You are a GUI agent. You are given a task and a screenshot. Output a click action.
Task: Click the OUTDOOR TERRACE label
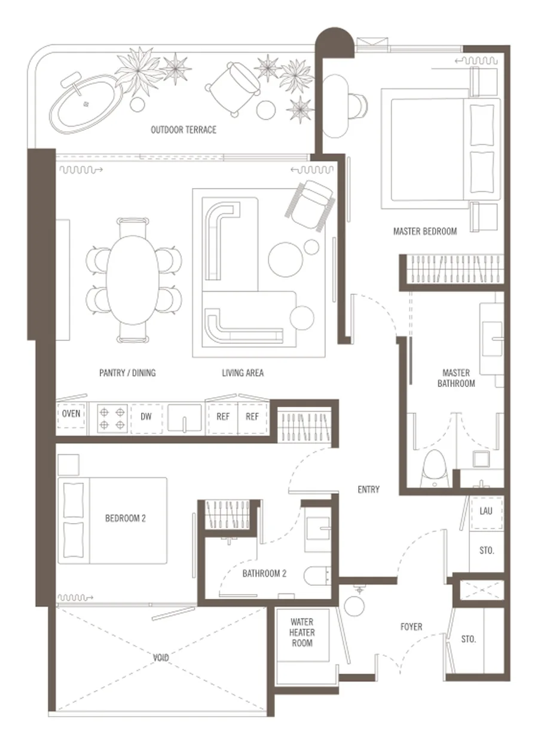pos(184,130)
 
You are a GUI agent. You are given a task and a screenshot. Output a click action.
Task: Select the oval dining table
pos(132,279)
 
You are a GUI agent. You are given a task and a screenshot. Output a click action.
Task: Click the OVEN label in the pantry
pos(71,414)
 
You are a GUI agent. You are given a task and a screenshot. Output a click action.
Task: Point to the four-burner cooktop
pos(112,418)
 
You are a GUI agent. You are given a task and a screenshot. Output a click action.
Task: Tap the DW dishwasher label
pos(146,417)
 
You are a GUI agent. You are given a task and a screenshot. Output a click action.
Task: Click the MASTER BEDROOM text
pos(425,231)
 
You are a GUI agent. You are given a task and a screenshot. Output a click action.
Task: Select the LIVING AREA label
pos(243,373)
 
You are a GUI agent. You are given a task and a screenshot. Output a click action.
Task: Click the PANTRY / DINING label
pos(127,373)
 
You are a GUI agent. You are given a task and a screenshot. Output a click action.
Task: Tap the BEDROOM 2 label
pos(126,518)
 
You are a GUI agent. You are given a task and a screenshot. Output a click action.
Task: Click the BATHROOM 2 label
pos(264,573)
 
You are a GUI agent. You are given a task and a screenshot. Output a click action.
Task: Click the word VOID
pos(161,657)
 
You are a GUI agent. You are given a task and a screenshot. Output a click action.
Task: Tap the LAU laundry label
pos(486,511)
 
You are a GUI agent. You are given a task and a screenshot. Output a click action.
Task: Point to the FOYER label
pos(411,627)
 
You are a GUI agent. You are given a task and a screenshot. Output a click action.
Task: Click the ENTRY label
pos(368,489)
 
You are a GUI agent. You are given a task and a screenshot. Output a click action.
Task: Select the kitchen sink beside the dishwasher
pos(185,418)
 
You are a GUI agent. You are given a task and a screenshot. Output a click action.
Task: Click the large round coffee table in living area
pos(286,259)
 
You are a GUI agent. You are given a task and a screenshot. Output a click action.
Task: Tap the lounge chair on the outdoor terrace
pos(233,88)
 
